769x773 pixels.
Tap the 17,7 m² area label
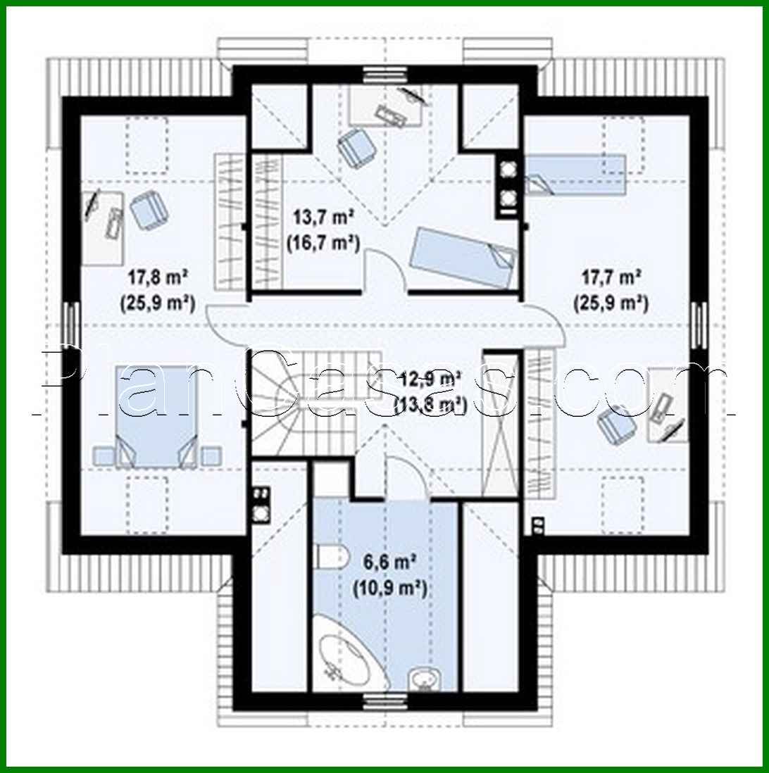[x=610, y=275]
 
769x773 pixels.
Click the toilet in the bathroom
[x=330, y=556]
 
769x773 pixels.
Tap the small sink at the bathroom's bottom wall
[x=425, y=679]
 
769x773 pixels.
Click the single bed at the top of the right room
[x=575, y=175]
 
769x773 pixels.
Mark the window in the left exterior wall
[x=73, y=324]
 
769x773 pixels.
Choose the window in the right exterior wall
[x=698, y=325]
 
